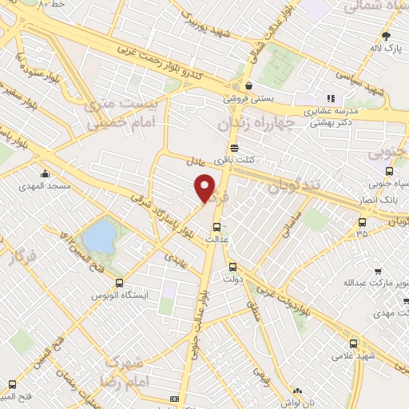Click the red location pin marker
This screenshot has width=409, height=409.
click(205, 188)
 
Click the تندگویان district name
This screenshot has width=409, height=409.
click(294, 185)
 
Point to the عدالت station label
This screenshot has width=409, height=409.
click(218, 239)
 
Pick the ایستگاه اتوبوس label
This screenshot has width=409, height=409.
click(121, 296)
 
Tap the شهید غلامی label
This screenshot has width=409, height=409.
click(344, 355)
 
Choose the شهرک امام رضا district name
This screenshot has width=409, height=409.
click(130, 371)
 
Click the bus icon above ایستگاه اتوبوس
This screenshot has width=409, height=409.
click(120, 282)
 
